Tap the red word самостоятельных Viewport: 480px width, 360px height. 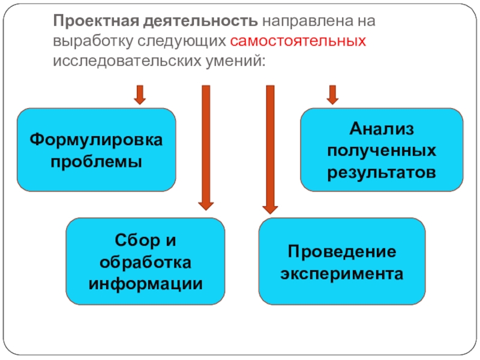[298, 42]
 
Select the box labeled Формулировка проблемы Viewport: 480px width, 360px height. [97, 150]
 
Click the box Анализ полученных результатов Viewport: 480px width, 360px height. [382, 150]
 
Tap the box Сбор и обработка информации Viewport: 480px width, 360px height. [146, 260]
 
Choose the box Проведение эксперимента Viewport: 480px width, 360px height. [342, 260]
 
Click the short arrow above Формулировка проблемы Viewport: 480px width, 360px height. [140, 95]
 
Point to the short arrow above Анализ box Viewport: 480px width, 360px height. [332, 95]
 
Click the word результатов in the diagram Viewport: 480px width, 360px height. [382, 173]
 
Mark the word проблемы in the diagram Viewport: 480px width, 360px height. [97, 162]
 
